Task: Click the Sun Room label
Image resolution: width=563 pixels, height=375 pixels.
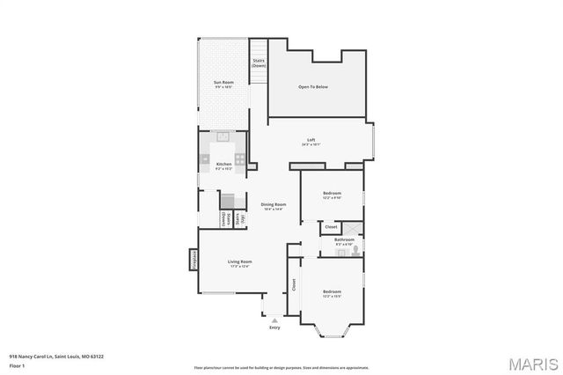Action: [223, 82]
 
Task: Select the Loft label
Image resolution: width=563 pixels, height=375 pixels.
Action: [311, 140]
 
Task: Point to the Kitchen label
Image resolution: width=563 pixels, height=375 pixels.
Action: [223, 165]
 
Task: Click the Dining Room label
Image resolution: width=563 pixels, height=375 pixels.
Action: [274, 204]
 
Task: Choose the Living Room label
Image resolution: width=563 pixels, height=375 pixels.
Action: [240, 261]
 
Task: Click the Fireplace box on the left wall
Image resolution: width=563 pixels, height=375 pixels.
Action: [193, 261]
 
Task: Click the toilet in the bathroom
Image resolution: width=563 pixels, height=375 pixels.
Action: [354, 252]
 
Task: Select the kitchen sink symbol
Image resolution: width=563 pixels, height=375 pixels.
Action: [223, 136]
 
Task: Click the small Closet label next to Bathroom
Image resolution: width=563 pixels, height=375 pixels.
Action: [331, 227]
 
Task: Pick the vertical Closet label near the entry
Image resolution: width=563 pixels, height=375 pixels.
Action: [294, 285]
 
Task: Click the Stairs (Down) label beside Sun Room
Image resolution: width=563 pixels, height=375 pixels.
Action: [259, 63]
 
